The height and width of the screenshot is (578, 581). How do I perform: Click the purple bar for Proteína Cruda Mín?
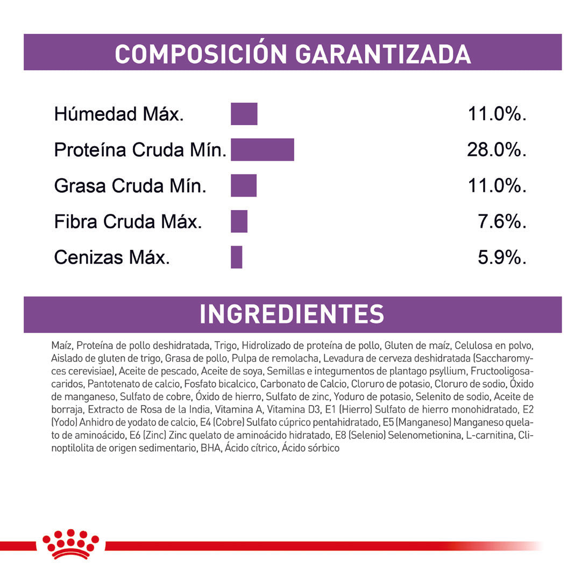coord(263,149)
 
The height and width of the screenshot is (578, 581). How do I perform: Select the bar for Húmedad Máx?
coord(244,114)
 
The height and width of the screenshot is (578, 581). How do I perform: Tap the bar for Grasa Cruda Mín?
coord(244,185)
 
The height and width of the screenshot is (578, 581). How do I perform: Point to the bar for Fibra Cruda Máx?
coord(239,221)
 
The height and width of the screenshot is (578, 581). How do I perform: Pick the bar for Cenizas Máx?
coord(237,257)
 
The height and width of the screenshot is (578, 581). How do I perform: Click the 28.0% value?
coord(496,150)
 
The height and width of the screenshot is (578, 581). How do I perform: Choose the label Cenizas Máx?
coord(112,258)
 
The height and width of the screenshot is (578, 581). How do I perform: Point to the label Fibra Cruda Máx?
coord(128,222)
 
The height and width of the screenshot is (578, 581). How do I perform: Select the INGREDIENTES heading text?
coord(292,315)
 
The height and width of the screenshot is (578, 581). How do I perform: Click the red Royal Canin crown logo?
coord(70,544)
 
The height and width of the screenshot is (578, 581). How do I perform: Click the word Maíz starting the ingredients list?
coord(62,345)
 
